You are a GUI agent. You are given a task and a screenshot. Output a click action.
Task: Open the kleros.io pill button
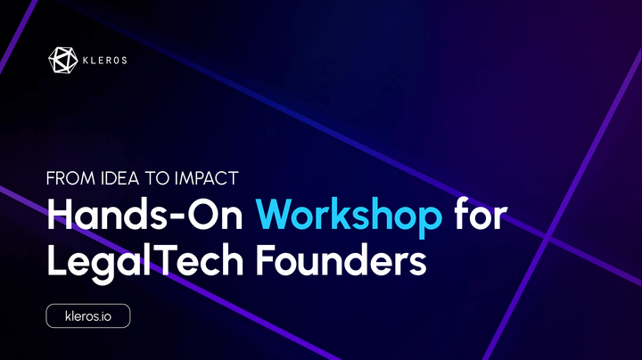pyautogui.click(x=87, y=315)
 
